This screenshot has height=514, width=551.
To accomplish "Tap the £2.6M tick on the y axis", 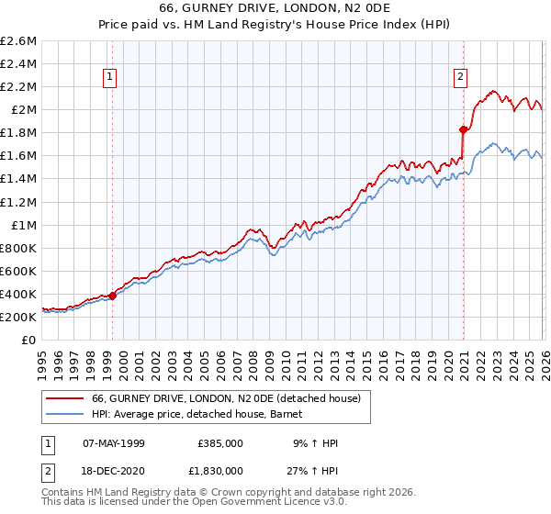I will [18, 41].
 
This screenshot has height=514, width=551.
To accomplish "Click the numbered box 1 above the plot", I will [110, 78].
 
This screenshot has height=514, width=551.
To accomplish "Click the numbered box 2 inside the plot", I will [460, 78].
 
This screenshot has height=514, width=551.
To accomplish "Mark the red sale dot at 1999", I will [113, 296].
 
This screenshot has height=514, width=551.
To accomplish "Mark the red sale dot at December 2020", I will [463, 129].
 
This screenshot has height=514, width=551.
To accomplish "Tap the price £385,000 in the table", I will [219, 443].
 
